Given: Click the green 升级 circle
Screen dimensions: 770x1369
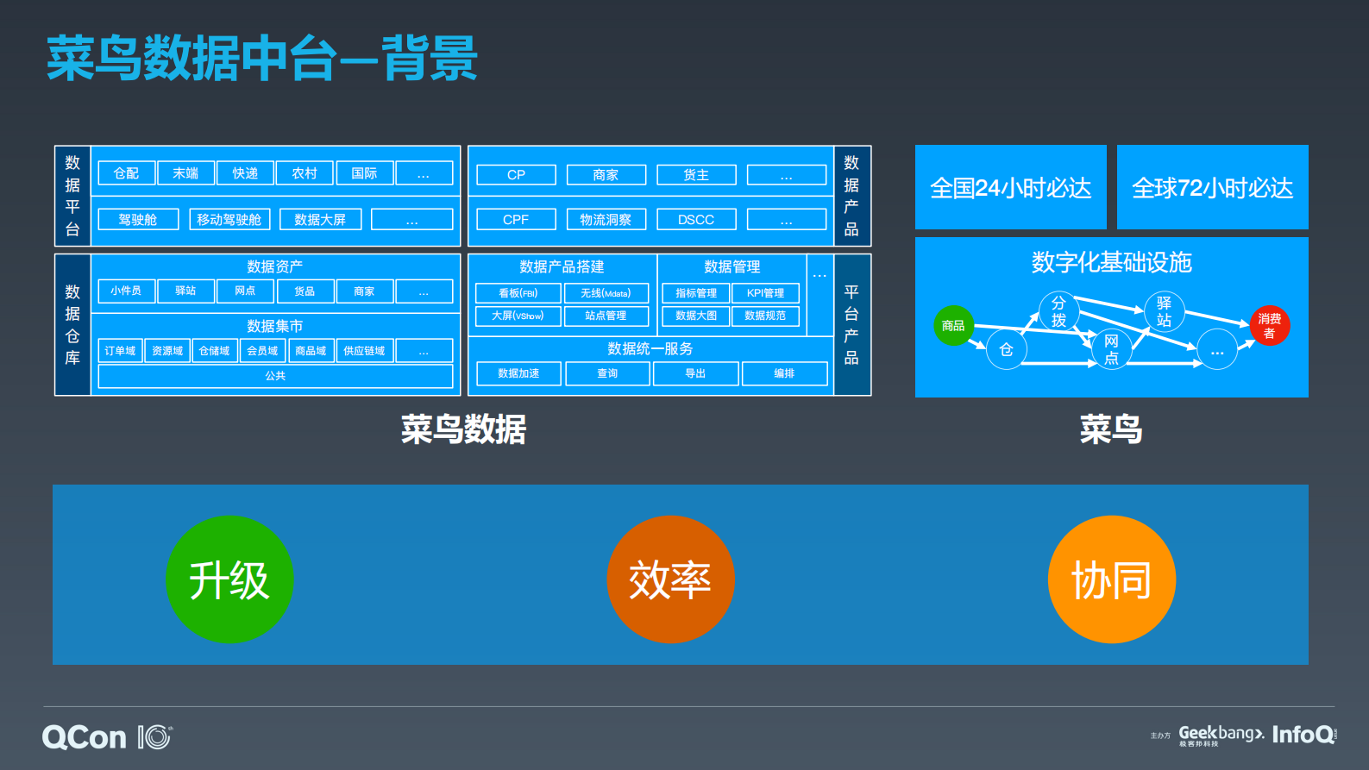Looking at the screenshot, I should click(x=229, y=579).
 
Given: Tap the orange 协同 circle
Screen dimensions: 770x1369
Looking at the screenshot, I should click(x=1111, y=579).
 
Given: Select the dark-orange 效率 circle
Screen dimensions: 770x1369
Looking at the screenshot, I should click(x=670, y=579).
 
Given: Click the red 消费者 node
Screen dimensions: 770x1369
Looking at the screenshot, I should click(x=1269, y=326).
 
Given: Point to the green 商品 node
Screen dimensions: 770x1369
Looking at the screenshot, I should click(x=953, y=326).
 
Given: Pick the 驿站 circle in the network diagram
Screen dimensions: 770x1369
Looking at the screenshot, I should click(x=1164, y=312).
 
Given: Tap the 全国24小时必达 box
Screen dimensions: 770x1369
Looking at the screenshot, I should click(x=1010, y=188).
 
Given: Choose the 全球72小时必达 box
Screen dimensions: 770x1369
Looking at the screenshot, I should click(x=1212, y=188).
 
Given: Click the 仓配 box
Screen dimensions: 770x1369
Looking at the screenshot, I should click(x=126, y=173).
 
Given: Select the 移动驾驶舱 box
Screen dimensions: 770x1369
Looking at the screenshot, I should click(x=229, y=220).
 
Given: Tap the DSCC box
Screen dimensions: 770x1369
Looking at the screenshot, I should click(x=696, y=220).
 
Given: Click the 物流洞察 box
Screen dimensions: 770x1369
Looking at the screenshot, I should click(x=606, y=220).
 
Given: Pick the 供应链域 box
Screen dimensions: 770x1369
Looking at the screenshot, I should click(x=364, y=351).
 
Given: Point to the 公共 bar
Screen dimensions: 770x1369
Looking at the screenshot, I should click(x=275, y=376).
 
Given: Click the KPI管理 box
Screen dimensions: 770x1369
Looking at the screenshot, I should click(x=765, y=293).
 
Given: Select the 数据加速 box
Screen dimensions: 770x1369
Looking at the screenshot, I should click(x=518, y=373).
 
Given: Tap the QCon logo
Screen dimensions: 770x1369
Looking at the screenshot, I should click(x=85, y=737).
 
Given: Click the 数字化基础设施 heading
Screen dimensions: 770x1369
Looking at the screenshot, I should click(x=1111, y=262).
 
